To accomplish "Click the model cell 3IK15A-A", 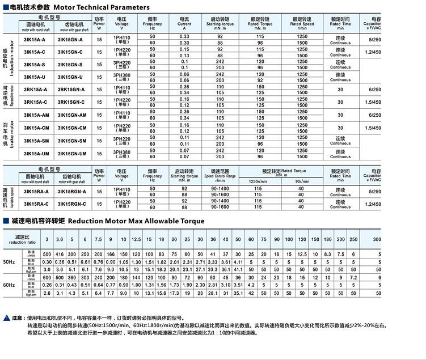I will (35, 40).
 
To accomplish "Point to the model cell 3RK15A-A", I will (35, 90).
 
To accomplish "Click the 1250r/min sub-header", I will (259, 181).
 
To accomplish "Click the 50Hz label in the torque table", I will (9, 262).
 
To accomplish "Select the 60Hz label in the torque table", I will (9, 285).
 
